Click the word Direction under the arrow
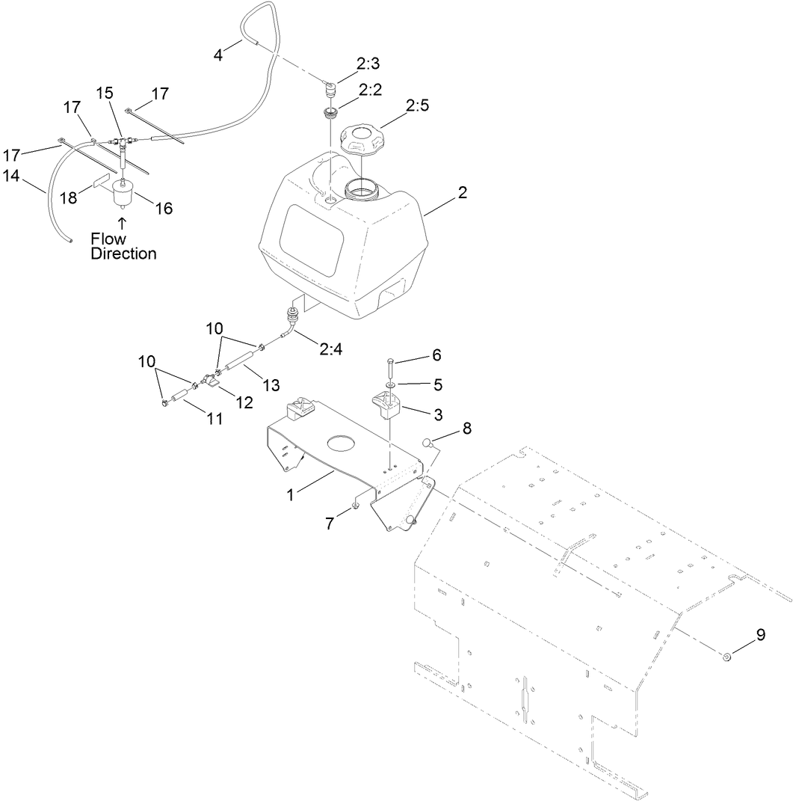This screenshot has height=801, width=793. click(x=124, y=254)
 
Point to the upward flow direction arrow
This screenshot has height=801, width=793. click(x=123, y=223)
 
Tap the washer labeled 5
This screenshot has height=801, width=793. click(x=390, y=386)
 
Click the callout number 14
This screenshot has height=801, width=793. click(x=11, y=176)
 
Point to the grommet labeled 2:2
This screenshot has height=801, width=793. click(x=329, y=113)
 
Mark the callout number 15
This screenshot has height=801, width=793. click(x=105, y=92)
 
